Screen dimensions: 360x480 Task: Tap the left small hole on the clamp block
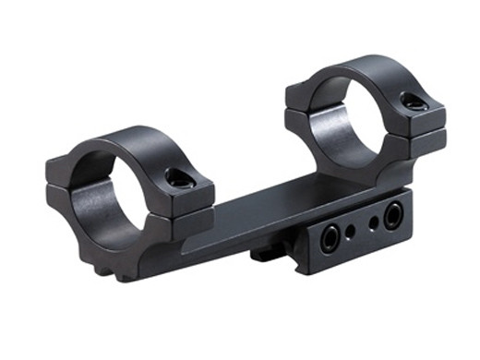tap(351, 231)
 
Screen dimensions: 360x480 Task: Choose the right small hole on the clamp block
tap(373, 223)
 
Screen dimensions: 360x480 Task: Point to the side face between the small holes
tap(362, 228)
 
